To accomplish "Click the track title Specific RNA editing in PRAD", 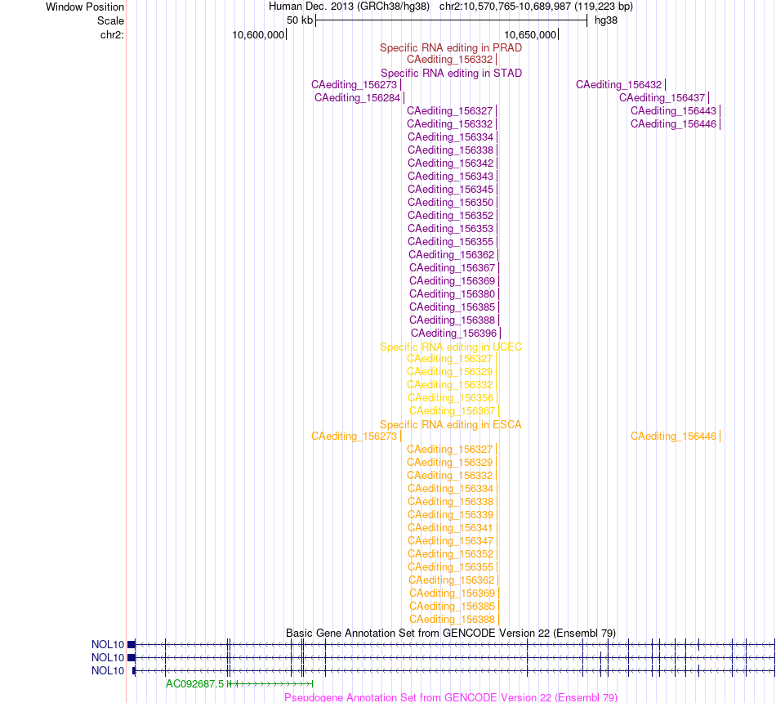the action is coord(451,47).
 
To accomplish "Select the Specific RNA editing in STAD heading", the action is coord(451,73).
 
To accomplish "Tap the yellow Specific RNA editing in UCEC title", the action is coord(451,347).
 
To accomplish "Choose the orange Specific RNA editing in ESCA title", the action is coord(451,424).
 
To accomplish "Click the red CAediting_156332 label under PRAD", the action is coord(450,60).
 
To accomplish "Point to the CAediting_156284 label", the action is coord(357,97).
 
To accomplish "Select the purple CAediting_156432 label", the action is coord(618,85).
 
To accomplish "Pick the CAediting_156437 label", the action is coord(662,97).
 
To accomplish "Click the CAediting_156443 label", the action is coord(674,111).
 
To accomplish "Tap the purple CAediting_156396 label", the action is coord(454,333).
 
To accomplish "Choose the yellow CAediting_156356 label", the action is coord(451,398).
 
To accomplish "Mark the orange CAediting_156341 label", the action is coord(451,527).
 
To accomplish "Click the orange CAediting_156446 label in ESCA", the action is coord(674,436).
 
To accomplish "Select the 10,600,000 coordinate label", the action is coord(258,34).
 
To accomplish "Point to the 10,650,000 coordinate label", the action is coord(530,34).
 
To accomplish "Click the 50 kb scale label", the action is coord(300,20).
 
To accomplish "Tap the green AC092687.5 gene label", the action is coord(195,683).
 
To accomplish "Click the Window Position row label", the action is coord(85,7).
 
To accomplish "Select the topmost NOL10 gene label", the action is coord(108,644).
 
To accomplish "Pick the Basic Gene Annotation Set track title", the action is coord(451,634).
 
